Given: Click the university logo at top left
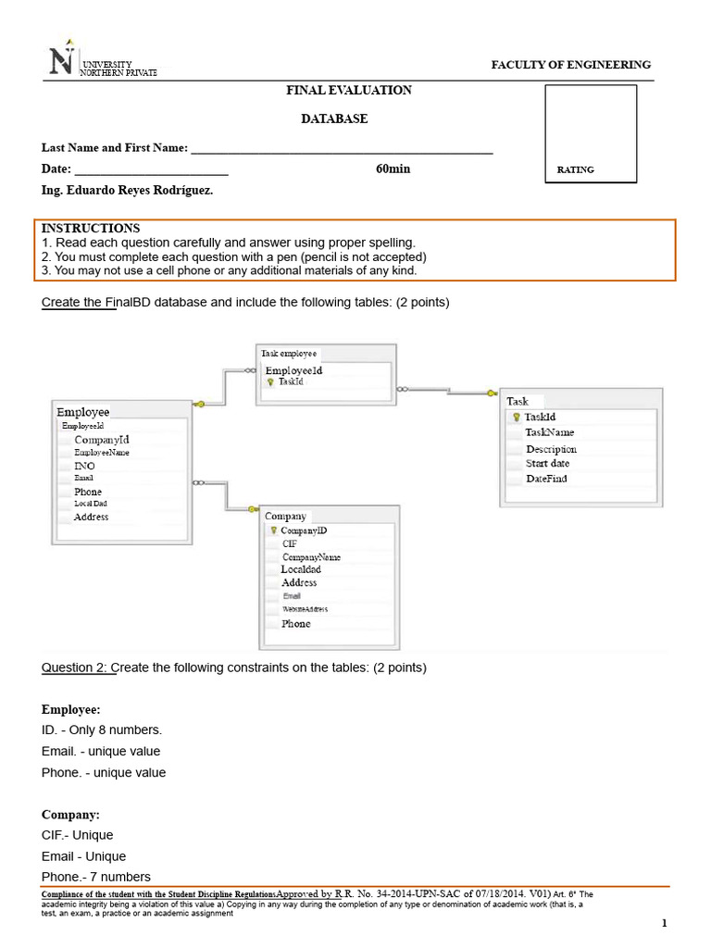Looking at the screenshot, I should click(x=62, y=63).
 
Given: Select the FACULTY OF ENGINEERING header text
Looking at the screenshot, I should click(x=570, y=65).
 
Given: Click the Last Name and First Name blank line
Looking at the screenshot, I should click(x=341, y=149).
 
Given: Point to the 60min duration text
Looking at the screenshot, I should click(x=393, y=169).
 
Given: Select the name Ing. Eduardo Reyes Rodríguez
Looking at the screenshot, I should click(x=127, y=191).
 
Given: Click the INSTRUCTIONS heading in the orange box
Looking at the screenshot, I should click(x=91, y=229).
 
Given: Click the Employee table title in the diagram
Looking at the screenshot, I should click(x=83, y=412).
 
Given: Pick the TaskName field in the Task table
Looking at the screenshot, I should click(x=549, y=432).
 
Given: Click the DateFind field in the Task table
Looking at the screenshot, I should click(x=546, y=479).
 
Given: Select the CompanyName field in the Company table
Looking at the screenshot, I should click(x=311, y=557).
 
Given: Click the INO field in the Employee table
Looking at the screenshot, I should click(x=84, y=466).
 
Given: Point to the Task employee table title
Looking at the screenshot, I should click(x=289, y=354).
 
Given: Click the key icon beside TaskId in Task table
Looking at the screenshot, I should click(x=516, y=418).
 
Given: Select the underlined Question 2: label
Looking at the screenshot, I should click(x=79, y=667).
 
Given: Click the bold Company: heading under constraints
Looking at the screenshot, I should click(x=70, y=815).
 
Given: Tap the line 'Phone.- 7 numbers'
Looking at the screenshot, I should click(x=96, y=877).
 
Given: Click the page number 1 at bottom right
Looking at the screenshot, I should click(x=664, y=923).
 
